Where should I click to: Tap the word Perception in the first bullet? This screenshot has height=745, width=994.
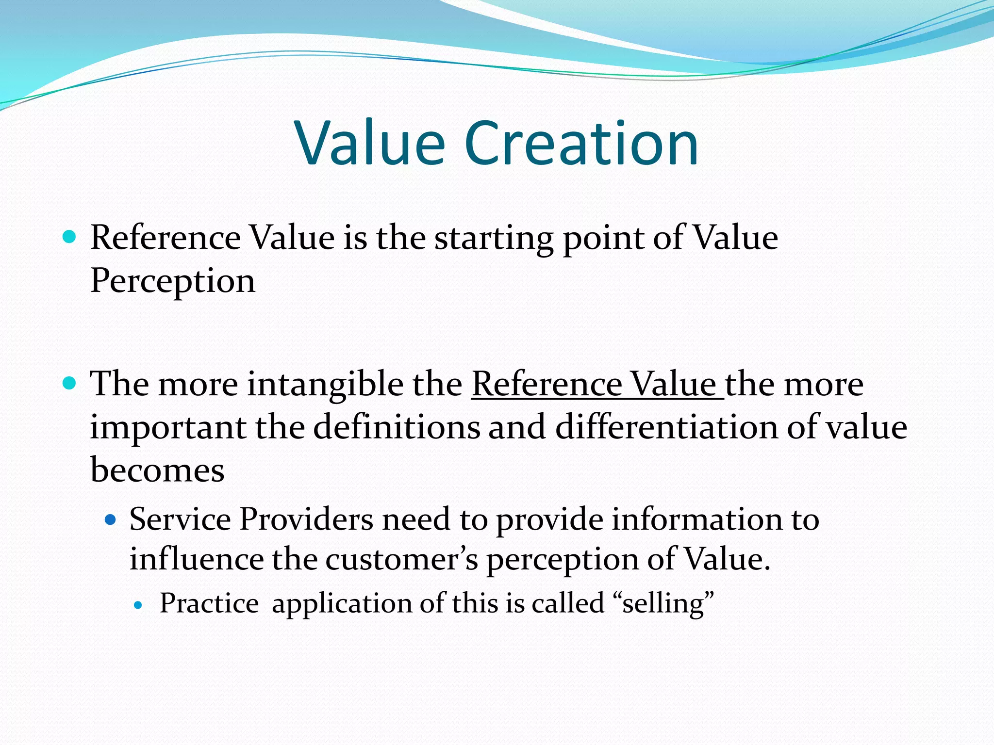(x=173, y=281)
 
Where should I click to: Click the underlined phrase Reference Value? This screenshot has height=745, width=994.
(x=596, y=384)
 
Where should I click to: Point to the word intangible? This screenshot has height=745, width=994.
(x=325, y=384)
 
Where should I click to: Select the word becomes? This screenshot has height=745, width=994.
(x=157, y=470)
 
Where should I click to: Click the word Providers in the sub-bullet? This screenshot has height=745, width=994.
(x=306, y=519)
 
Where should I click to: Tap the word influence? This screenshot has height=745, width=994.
(x=196, y=559)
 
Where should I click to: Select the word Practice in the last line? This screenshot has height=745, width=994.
(x=209, y=604)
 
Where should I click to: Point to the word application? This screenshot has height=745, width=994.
(x=342, y=604)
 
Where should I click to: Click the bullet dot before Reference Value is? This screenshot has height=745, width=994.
(x=70, y=237)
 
